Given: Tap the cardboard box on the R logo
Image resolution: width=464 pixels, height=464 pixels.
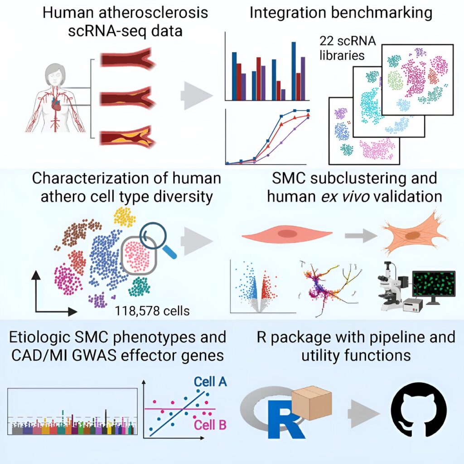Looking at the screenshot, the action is (x=312, y=403).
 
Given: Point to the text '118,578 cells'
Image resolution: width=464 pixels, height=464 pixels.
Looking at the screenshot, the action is (x=152, y=311).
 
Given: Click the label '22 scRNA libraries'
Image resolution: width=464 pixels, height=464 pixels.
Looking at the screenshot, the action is (x=348, y=48).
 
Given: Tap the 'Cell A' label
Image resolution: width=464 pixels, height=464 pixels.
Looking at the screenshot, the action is (x=210, y=382).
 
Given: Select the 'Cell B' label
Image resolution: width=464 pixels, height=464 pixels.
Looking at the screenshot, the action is (x=210, y=425).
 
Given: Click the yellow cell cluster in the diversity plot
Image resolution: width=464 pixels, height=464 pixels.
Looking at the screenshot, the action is (x=125, y=217).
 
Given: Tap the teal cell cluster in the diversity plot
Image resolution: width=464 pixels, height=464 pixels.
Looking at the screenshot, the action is (x=140, y=287).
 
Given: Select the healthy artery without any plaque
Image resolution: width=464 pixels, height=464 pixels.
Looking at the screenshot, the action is (x=128, y=59).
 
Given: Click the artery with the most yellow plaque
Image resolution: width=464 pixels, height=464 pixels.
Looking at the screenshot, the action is (x=128, y=137).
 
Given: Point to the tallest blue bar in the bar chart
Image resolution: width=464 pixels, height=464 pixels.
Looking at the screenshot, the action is (x=294, y=71).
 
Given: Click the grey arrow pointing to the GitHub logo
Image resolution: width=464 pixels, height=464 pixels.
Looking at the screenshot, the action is (x=364, y=413).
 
